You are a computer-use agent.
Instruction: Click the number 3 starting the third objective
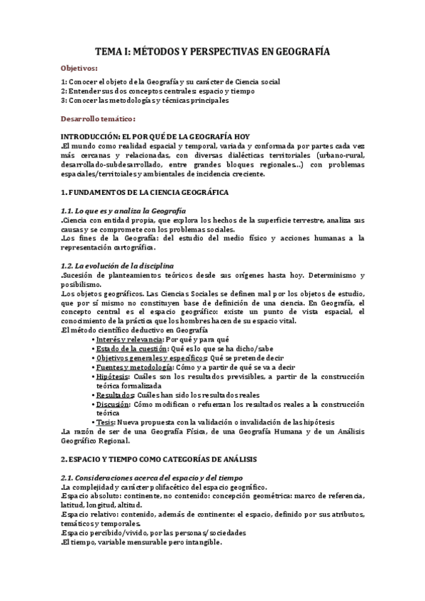click(x=62, y=101)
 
